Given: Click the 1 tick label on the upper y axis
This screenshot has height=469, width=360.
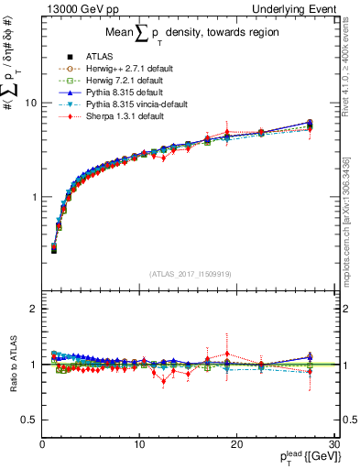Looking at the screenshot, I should (x=33, y=197).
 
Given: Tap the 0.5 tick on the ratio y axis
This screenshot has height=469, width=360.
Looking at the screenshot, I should (x=28, y=420).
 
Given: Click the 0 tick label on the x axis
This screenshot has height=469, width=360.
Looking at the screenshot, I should (x=42, y=446).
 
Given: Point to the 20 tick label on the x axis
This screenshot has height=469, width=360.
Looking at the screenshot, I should (x=236, y=446).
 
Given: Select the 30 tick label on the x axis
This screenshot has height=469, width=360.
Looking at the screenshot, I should (x=333, y=446).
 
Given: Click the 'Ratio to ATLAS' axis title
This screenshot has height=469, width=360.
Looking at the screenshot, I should (x=12, y=366).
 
